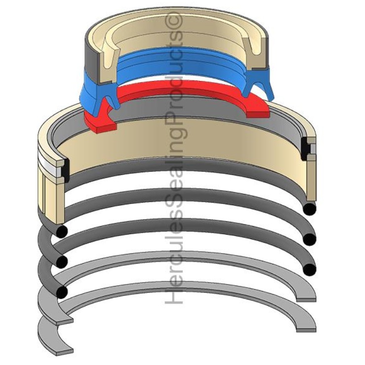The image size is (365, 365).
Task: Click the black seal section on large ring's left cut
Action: [64, 169]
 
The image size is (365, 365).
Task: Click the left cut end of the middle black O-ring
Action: [61, 261]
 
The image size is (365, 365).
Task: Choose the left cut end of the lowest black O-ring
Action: [61, 292]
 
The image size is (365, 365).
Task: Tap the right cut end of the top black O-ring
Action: [309, 209]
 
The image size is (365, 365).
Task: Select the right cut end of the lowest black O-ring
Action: [309, 270]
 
